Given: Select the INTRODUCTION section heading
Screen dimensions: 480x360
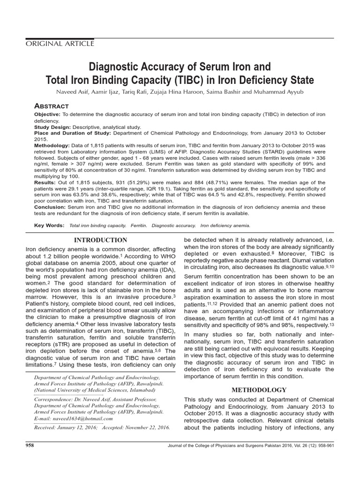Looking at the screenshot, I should [x=101, y=240].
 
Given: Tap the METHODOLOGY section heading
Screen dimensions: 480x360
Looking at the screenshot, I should [x=259, y=390].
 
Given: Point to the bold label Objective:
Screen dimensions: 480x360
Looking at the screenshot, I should [x=47, y=115].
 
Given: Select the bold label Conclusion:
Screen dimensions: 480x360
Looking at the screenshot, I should [x=51, y=207].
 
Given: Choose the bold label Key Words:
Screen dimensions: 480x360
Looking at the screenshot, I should [x=49, y=225].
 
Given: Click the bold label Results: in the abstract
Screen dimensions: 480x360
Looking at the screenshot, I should [x=45, y=182].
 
